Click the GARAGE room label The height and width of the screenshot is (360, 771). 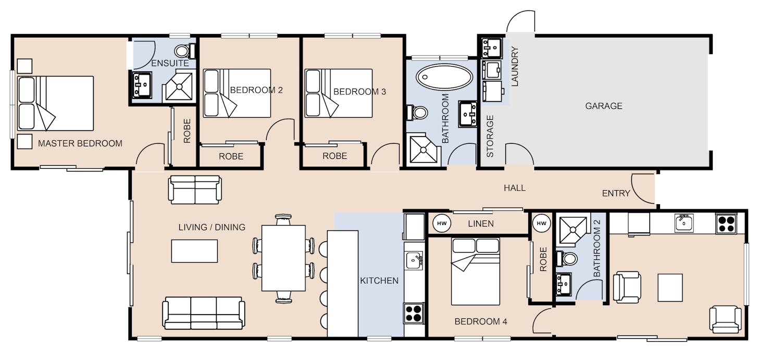[604, 106]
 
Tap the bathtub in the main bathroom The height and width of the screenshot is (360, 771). [444, 77]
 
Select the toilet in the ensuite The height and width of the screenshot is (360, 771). [185, 51]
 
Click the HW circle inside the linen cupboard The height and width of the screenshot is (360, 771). [442, 224]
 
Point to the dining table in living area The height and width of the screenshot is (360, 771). [283, 258]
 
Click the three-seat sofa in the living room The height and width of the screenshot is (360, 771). [203, 313]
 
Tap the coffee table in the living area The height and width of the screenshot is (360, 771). [194, 251]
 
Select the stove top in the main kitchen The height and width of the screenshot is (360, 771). [414, 313]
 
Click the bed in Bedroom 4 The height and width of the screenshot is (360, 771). [475, 271]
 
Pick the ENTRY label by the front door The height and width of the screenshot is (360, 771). [616, 193]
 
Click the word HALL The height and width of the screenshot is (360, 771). [515, 188]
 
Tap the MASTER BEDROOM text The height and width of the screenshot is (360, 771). [80, 143]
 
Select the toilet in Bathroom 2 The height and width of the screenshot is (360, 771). [566, 258]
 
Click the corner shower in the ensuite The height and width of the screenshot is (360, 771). [179, 86]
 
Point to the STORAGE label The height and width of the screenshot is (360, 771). [490, 136]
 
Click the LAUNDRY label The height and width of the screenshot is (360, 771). [515, 66]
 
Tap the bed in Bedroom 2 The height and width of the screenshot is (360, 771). [237, 93]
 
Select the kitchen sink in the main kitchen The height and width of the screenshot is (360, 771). [414, 260]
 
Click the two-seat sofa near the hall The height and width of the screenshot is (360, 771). [195, 190]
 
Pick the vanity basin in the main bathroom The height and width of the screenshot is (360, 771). [468, 114]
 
